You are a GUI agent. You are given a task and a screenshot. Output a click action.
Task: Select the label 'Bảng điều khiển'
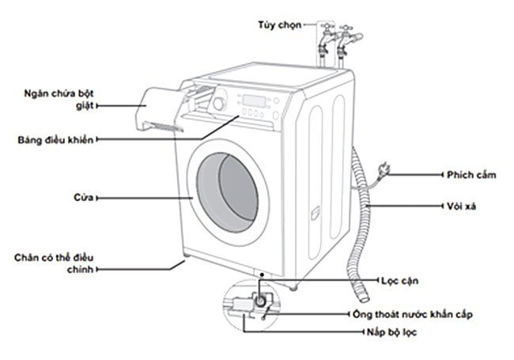coord(56,140)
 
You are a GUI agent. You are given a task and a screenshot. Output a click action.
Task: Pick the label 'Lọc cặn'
coord(398,281)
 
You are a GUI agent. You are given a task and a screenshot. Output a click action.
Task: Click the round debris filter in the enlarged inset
coord(257,301)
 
